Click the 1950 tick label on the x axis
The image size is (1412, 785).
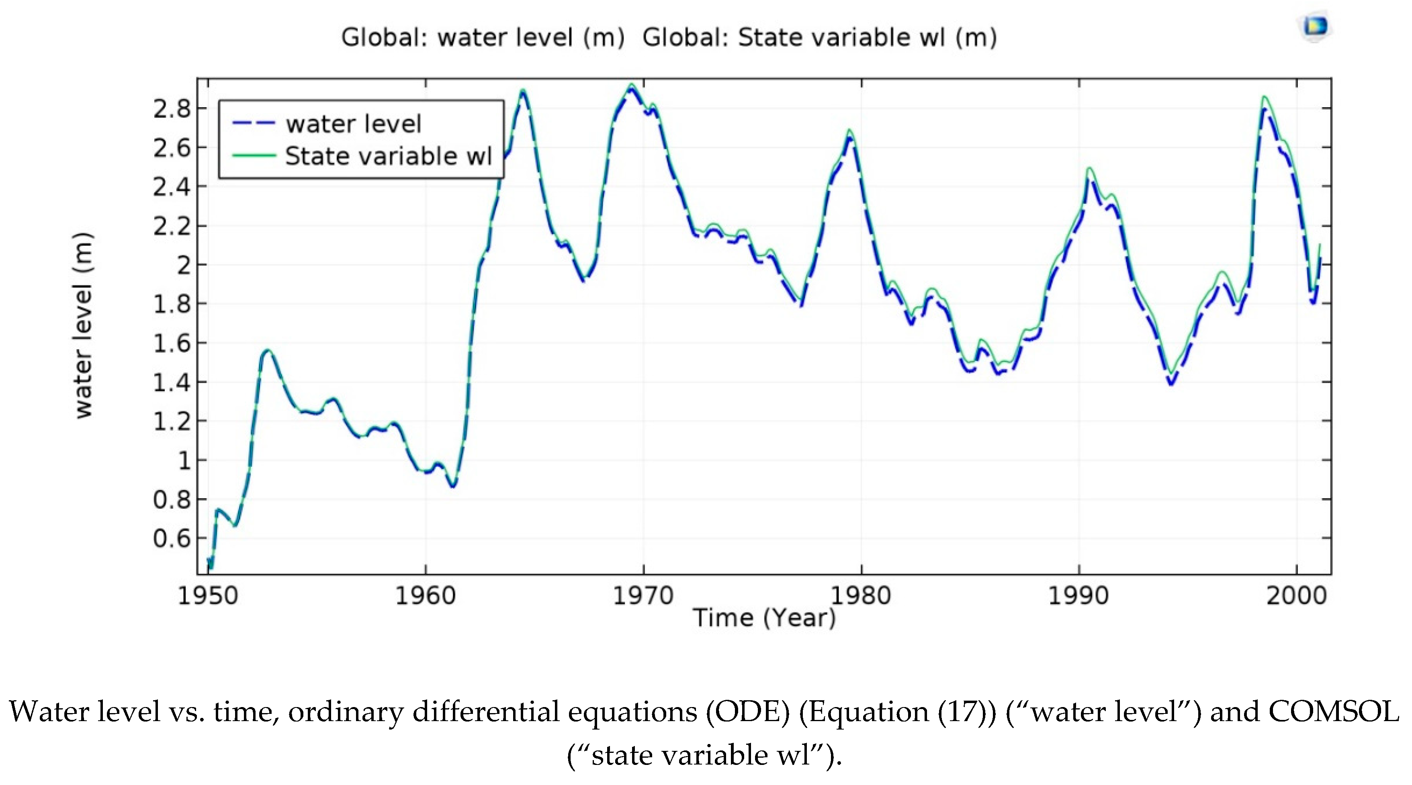pyautogui.click(x=208, y=596)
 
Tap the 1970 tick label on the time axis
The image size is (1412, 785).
pyautogui.click(x=643, y=596)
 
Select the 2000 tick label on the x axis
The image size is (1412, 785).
pyautogui.click(x=1296, y=596)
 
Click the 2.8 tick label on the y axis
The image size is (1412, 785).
pyautogui.click(x=172, y=110)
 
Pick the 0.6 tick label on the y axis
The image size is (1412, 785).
pyautogui.click(x=172, y=539)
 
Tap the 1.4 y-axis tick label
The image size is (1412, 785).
pyautogui.click(x=172, y=382)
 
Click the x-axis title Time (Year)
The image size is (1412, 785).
pyautogui.click(x=764, y=618)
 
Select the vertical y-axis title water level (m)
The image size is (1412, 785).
pyautogui.click(x=83, y=326)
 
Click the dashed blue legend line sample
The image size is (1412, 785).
pyautogui.click(x=253, y=123)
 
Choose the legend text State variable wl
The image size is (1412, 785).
pyautogui.click(x=388, y=156)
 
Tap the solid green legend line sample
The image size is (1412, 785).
pyautogui.click(x=253, y=156)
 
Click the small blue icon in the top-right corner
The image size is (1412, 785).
pyautogui.click(x=1316, y=26)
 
